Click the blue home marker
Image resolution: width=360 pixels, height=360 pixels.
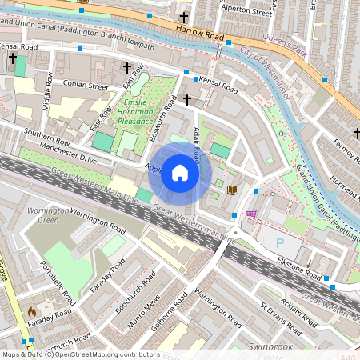(180, 173)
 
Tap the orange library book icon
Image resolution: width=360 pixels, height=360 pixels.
(233, 190)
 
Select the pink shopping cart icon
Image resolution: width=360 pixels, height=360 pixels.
(252, 215)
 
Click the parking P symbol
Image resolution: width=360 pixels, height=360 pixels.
(279, 242)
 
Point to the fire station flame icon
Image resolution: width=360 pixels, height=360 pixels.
(32, 310)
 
